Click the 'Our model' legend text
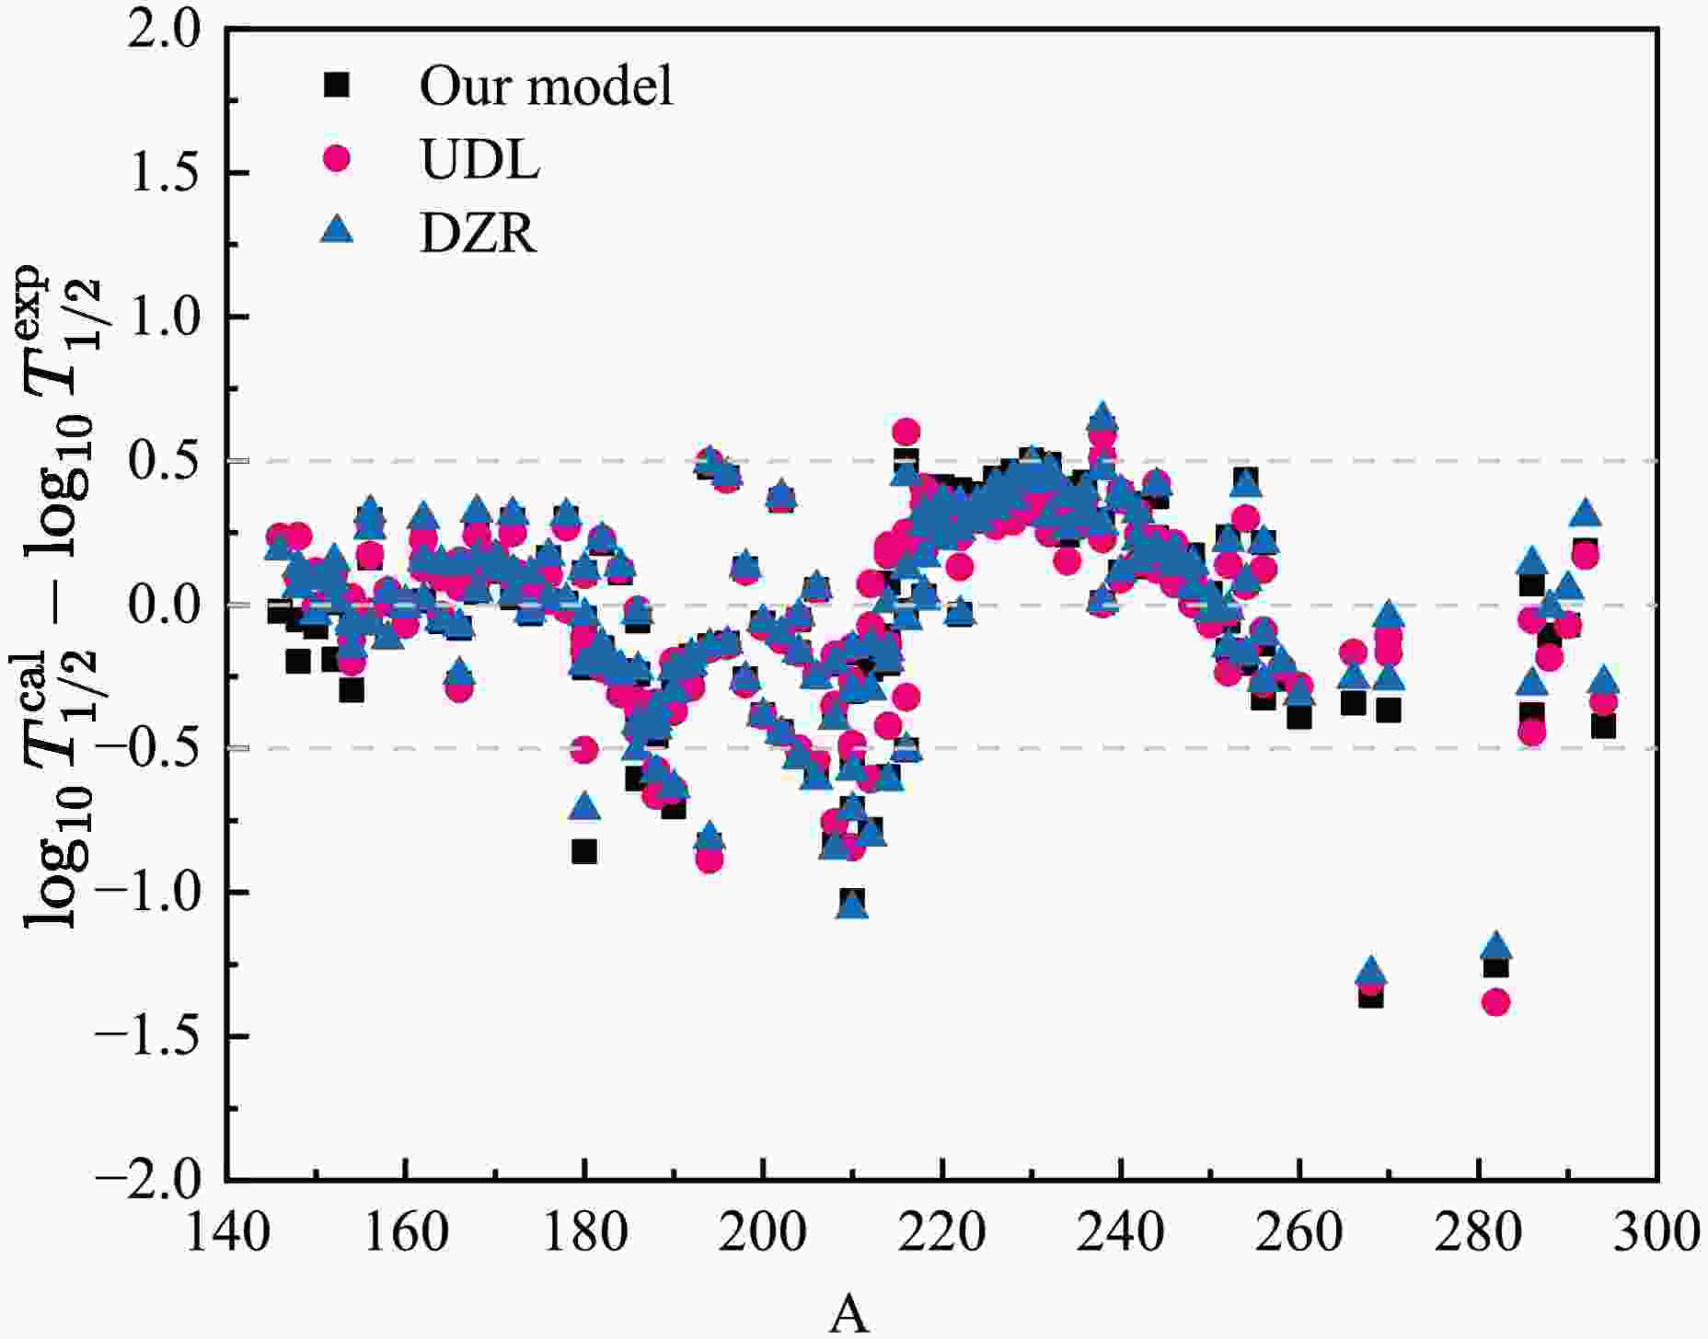pyautogui.click(x=546, y=86)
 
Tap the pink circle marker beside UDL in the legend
pyautogui.click(x=338, y=158)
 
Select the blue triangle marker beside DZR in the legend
pyautogui.click(x=338, y=229)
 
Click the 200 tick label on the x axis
pyautogui.click(x=763, y=1232)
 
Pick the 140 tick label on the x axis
pyautogui.click(x=226, y=1232)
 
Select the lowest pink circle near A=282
pyautogui.click(x=1496, y=1001)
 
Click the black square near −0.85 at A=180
pyautogui.click(x=584, y=851)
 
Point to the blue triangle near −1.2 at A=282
pyautogui.click(x=1496, y=945)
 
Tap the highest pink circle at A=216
pyautogui.click(x=906, y=431)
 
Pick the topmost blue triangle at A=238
pyautogui.click(x=1102, y=416)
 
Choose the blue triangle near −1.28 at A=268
pyautogui.click(x=1371, y=971)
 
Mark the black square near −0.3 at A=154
pyautogui.click(x=352, y=689)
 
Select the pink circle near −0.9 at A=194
pyautogui.click(x=710, y=860)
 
